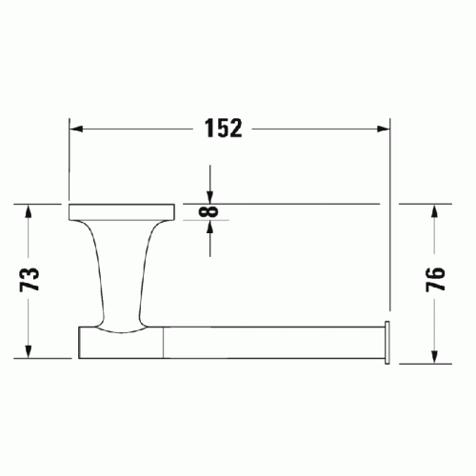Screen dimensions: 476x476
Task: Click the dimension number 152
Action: point(223,129)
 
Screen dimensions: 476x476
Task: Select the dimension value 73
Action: point(30,280)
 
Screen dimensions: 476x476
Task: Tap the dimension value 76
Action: point(435,279)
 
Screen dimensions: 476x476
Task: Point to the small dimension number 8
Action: point(208,211)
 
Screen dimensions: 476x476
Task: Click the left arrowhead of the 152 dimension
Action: point(76,129)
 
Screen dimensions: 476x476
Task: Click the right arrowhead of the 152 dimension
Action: point(383,129)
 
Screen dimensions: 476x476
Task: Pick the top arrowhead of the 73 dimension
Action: point(29,211)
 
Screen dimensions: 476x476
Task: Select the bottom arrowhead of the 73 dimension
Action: point(29,351)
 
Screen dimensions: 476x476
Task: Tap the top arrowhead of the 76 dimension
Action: point(434,211)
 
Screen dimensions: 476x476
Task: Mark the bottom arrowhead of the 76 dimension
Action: point(434,357)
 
